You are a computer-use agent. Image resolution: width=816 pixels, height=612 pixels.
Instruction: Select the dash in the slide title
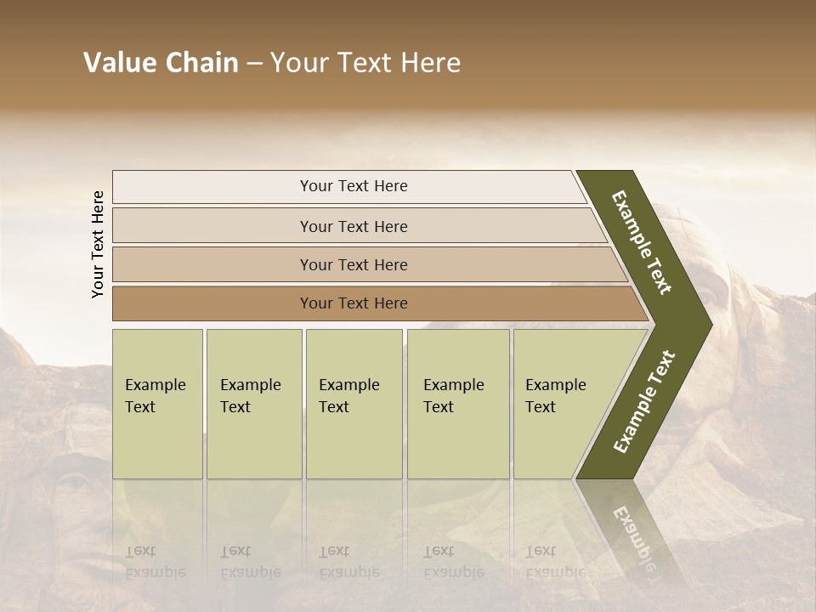(x=254, y=64)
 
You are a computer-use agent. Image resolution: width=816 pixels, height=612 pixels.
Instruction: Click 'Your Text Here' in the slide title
(x=365, y=63)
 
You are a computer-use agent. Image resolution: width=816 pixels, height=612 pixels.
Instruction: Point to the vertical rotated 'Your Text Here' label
(x=98, y=244)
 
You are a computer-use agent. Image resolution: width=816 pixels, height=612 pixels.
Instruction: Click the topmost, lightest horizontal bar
(x=353, y=186)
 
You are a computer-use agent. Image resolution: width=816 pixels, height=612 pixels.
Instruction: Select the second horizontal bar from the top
(x=353, y=226)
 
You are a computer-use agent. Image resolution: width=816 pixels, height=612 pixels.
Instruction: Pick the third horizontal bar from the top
(x=353, y=264)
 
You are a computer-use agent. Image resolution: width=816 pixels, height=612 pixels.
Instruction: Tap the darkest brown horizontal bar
(x=353, y=303)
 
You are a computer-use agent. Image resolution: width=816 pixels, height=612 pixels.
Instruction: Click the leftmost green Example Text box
(x=157, y=404)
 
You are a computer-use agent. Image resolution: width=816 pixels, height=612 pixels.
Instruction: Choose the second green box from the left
(x=253, y=404)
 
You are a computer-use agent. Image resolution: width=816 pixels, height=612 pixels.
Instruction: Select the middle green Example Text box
(x=354, y=404)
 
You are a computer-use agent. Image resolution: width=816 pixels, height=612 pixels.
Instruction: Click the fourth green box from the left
(x=457, y=404)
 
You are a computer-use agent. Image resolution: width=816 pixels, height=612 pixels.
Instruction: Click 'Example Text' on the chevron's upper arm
(x=642, y=242)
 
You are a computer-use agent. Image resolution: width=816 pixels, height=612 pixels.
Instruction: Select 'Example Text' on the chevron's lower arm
(x=644, y=401)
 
